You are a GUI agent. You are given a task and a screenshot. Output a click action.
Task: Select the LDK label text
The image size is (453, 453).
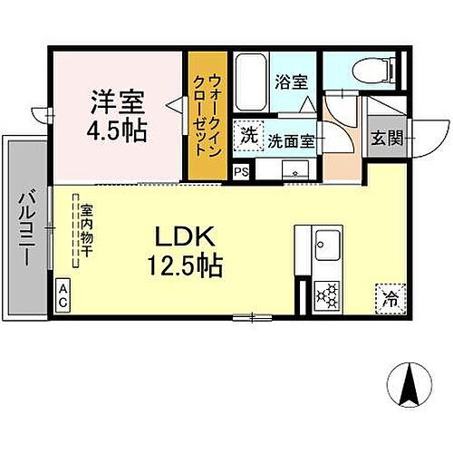pos(188,236)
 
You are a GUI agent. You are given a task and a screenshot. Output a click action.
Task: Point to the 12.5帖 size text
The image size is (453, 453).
pos(188,265)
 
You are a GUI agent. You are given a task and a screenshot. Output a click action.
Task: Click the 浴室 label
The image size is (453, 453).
pos(293,81)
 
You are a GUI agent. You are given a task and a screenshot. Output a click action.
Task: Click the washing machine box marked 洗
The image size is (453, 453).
pos(247,137)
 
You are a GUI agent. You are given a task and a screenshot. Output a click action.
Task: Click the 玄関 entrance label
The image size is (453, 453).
pos(381,140)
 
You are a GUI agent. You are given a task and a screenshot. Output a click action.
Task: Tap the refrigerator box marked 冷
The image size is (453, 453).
pos(389,296)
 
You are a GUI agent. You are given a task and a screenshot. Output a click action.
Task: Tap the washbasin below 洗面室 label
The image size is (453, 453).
pos(293,170)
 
